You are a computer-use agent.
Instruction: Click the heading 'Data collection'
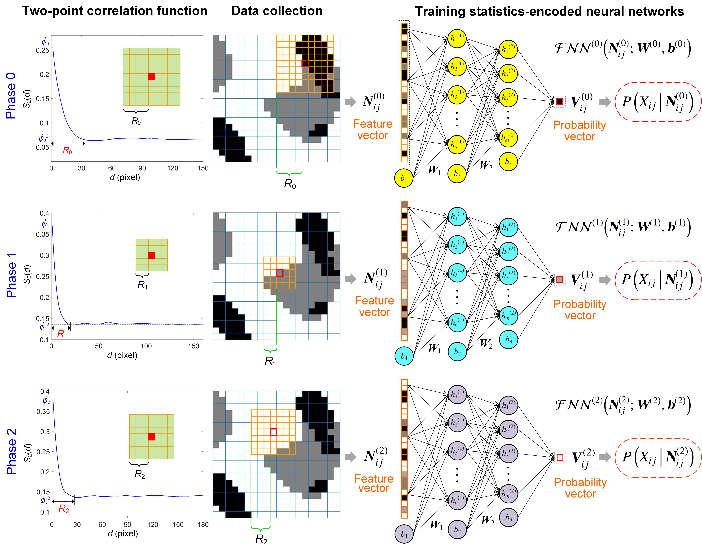[x=277, y=11]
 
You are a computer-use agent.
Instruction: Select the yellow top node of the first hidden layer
[x=457, y=38]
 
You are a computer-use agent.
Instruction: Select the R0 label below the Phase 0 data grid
[x=290, y=184]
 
